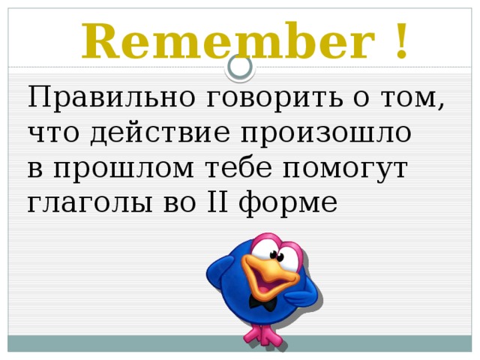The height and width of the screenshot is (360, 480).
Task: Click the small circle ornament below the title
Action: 240,67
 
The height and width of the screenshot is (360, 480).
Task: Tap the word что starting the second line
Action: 55,133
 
